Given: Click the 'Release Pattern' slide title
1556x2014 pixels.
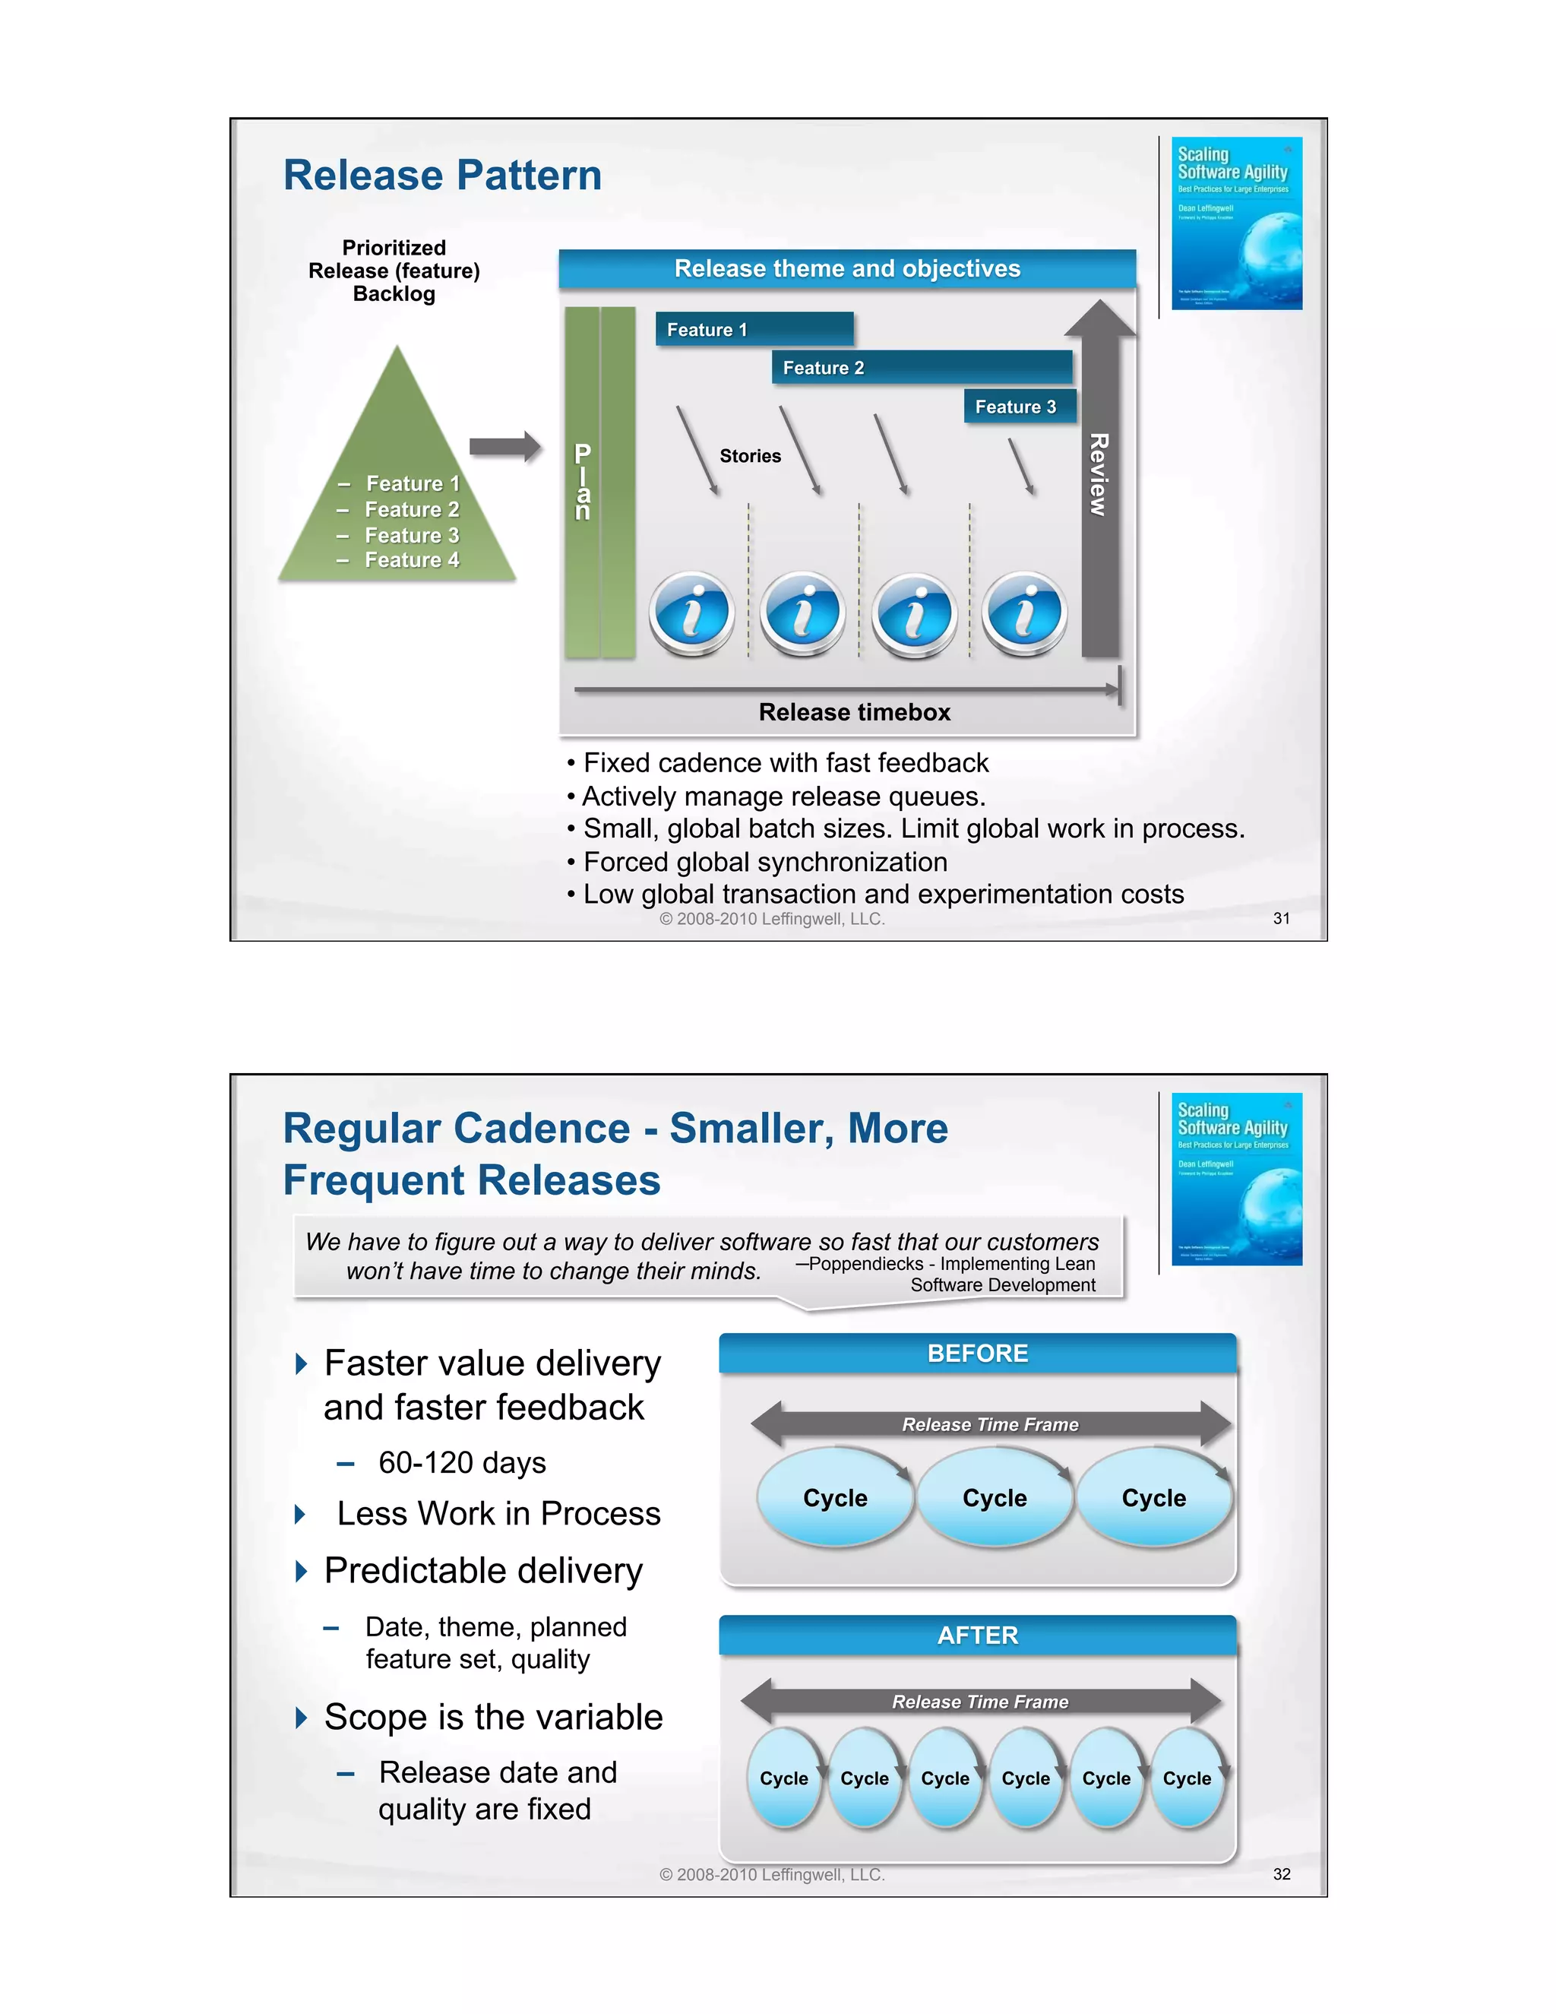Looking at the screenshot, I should coord(442,176).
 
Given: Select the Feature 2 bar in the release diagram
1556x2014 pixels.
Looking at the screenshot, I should coord(922,367).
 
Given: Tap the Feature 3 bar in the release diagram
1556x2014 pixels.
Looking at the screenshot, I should coord(1020,407).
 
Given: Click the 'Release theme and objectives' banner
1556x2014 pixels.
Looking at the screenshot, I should coord(847,268).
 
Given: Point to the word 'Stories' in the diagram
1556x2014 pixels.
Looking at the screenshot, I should coord(751,455).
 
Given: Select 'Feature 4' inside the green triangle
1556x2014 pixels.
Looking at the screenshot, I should coord(411,560).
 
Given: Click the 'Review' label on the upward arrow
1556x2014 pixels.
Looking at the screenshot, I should coord(1099,475).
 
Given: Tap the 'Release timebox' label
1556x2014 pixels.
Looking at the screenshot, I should coord(855,712).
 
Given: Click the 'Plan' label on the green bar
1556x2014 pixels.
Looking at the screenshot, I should coord(583,481).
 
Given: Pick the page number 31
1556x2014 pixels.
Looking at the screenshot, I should coord(1281,919).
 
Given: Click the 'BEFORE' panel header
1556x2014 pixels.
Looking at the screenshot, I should coord(977,1353).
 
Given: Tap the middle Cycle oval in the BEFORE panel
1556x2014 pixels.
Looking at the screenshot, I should coord(995,1498).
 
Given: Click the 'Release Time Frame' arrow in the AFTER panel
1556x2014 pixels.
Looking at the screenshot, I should coord(980,1702).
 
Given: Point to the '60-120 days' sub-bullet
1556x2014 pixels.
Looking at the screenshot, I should coord(462,1462).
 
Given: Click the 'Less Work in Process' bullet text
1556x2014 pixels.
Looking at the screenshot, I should coord(498,1513).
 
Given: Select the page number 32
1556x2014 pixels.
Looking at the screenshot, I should coord(1281,1874).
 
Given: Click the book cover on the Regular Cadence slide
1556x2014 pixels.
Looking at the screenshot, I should coord(1236,1179).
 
